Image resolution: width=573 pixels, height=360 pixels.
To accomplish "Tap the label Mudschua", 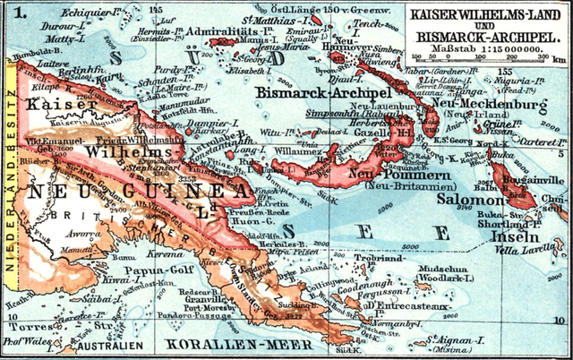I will (x=444, y=266).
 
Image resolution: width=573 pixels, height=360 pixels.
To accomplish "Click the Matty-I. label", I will (x=37, y=41).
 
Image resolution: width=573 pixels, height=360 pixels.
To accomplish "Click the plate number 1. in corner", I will (x=16, y=13).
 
